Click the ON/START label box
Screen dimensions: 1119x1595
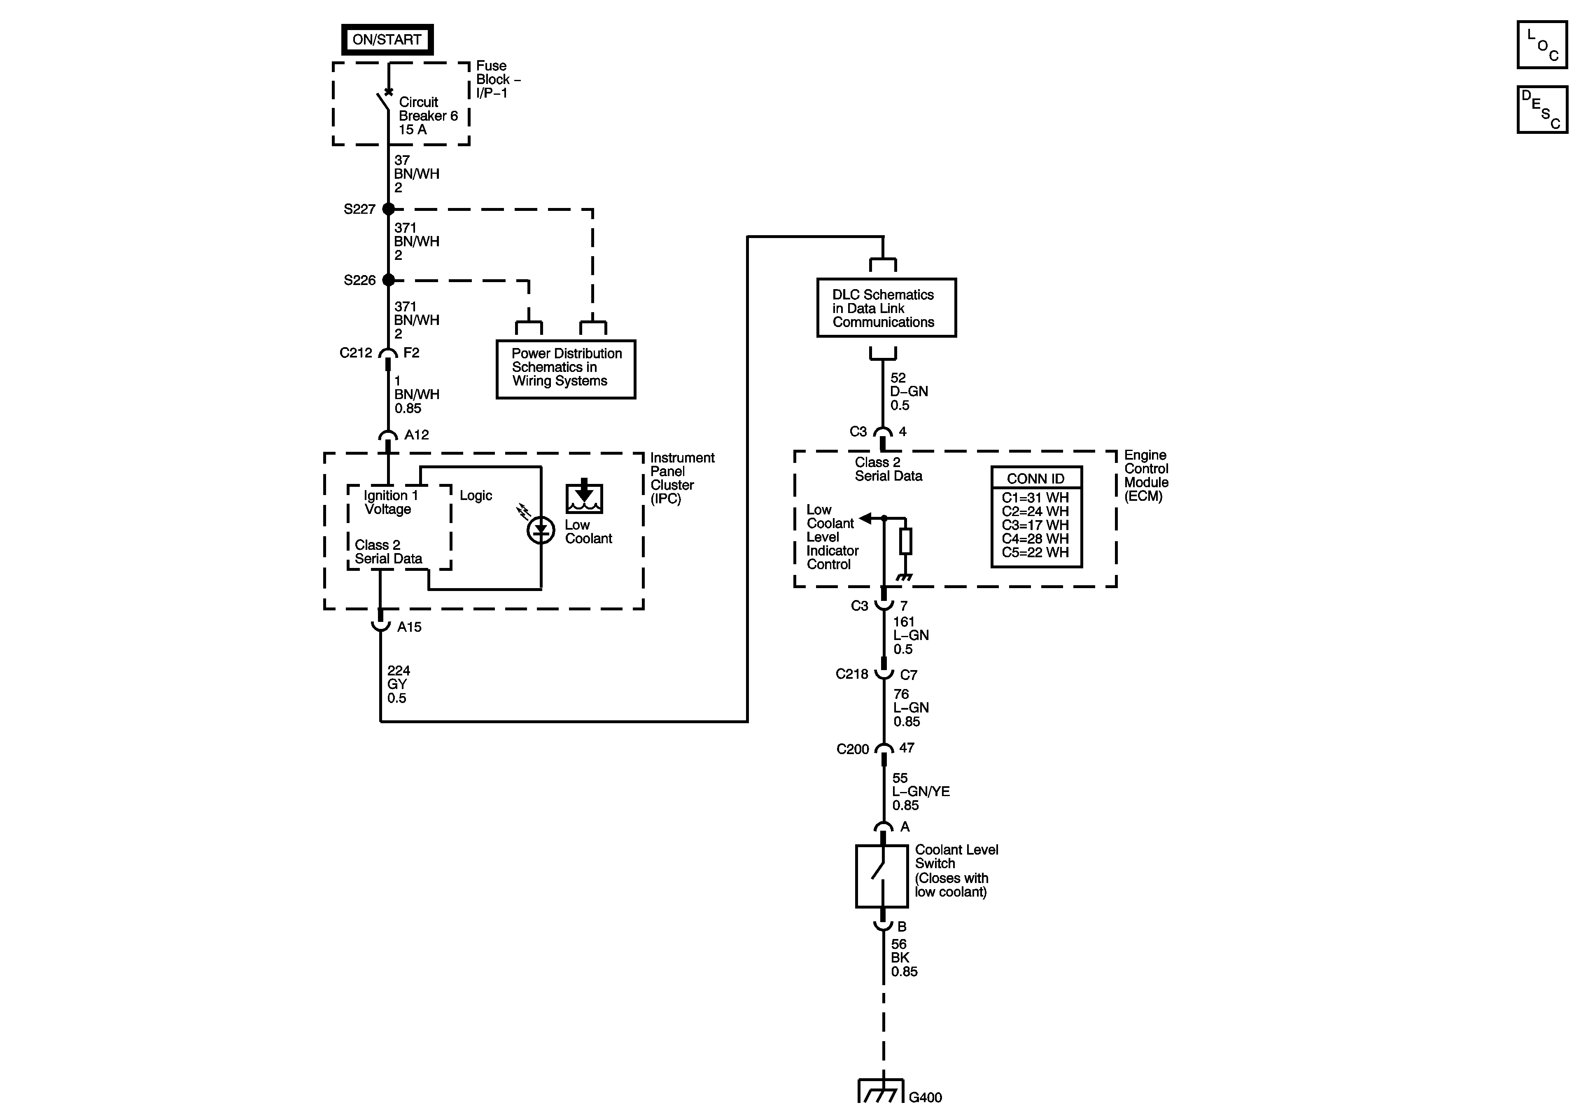(387, 40)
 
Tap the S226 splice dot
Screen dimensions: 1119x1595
(388, 280)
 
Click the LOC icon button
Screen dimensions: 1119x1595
(1541, 45)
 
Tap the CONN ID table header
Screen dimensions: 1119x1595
(1036, 478)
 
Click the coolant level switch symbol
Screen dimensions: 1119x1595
(881, 876)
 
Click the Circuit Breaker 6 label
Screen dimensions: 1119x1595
(428, 115)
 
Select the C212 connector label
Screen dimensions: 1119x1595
(356, 353)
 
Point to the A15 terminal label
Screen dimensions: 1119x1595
(409, 627)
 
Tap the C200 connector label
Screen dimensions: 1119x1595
(852, 749)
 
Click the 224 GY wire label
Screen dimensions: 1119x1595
(398, 684)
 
